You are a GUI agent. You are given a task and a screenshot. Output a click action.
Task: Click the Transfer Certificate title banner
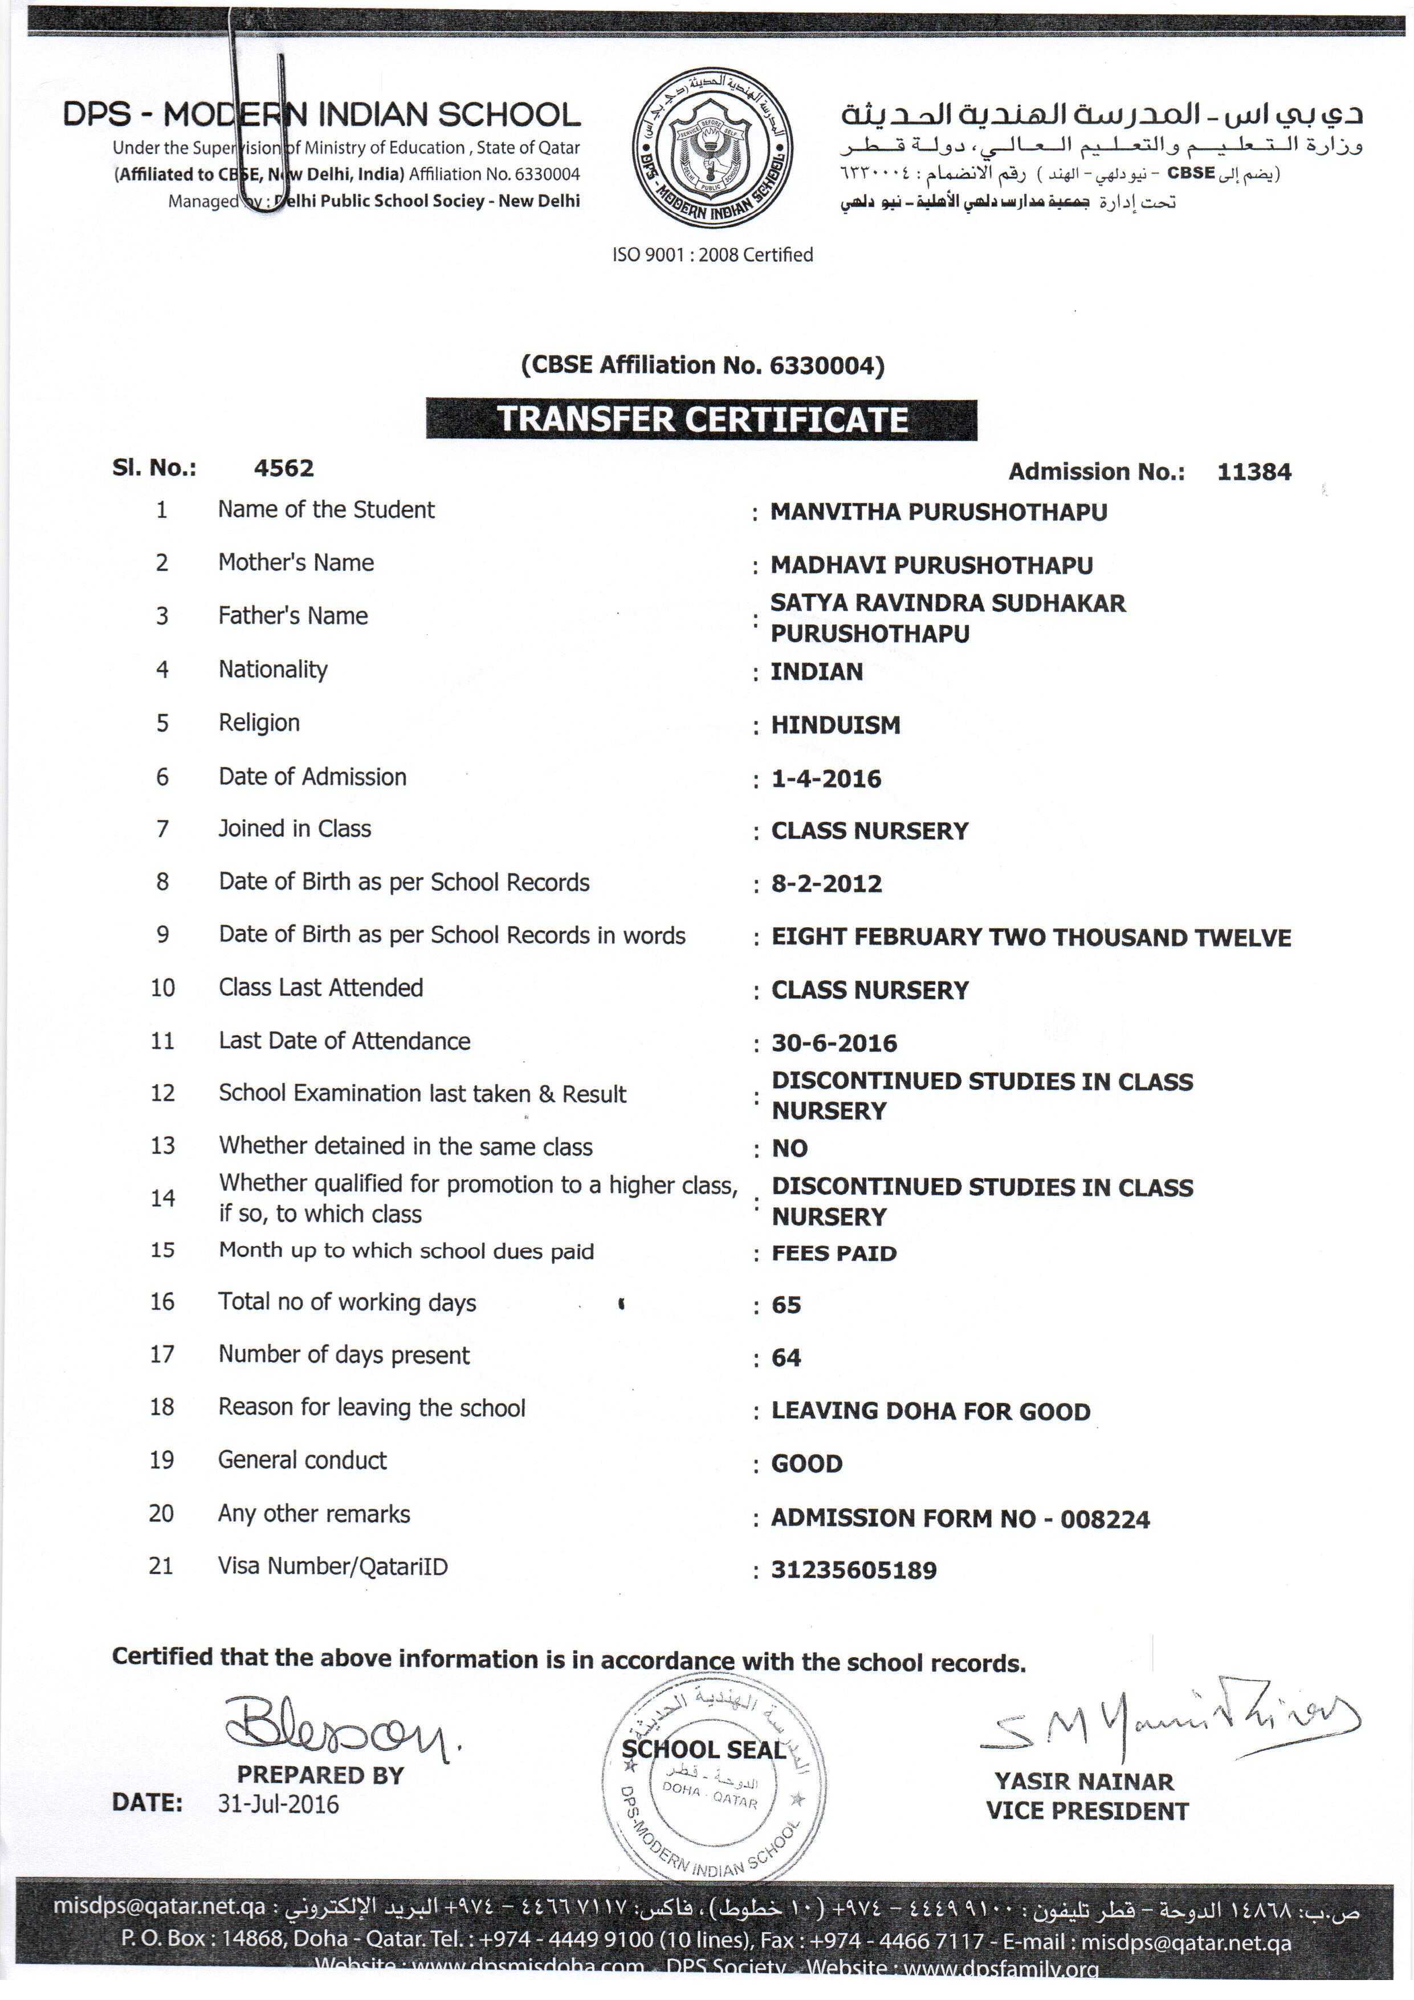click(x=702, y=419)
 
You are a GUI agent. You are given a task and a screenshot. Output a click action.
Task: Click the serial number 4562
click(x=284, y=469)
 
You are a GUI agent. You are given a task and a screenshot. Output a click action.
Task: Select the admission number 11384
click(x=1254, y=472)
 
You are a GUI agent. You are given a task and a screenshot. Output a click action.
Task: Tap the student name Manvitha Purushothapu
click(x=939, y=512)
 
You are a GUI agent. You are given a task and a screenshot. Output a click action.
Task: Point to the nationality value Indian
click(x=817, y=672)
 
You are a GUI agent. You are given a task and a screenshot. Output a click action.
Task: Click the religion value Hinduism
click(x=836, y=725)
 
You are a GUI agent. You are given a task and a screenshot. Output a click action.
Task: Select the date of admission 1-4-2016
click(x=826, y=779)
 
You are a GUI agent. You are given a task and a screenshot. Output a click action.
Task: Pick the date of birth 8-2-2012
click(x=826, y=884)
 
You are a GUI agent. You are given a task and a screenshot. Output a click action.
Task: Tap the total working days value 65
click(x=787, y=1305)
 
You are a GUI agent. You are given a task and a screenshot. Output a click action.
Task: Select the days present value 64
click(x=787, y=1358)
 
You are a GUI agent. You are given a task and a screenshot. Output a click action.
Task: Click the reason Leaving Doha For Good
click(x=931, y=1411)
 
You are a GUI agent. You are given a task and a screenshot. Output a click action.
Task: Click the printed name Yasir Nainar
click(x=1084, y=1782)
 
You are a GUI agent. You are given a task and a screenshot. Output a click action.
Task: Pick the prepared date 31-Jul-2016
click(x=278, y=1804)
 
